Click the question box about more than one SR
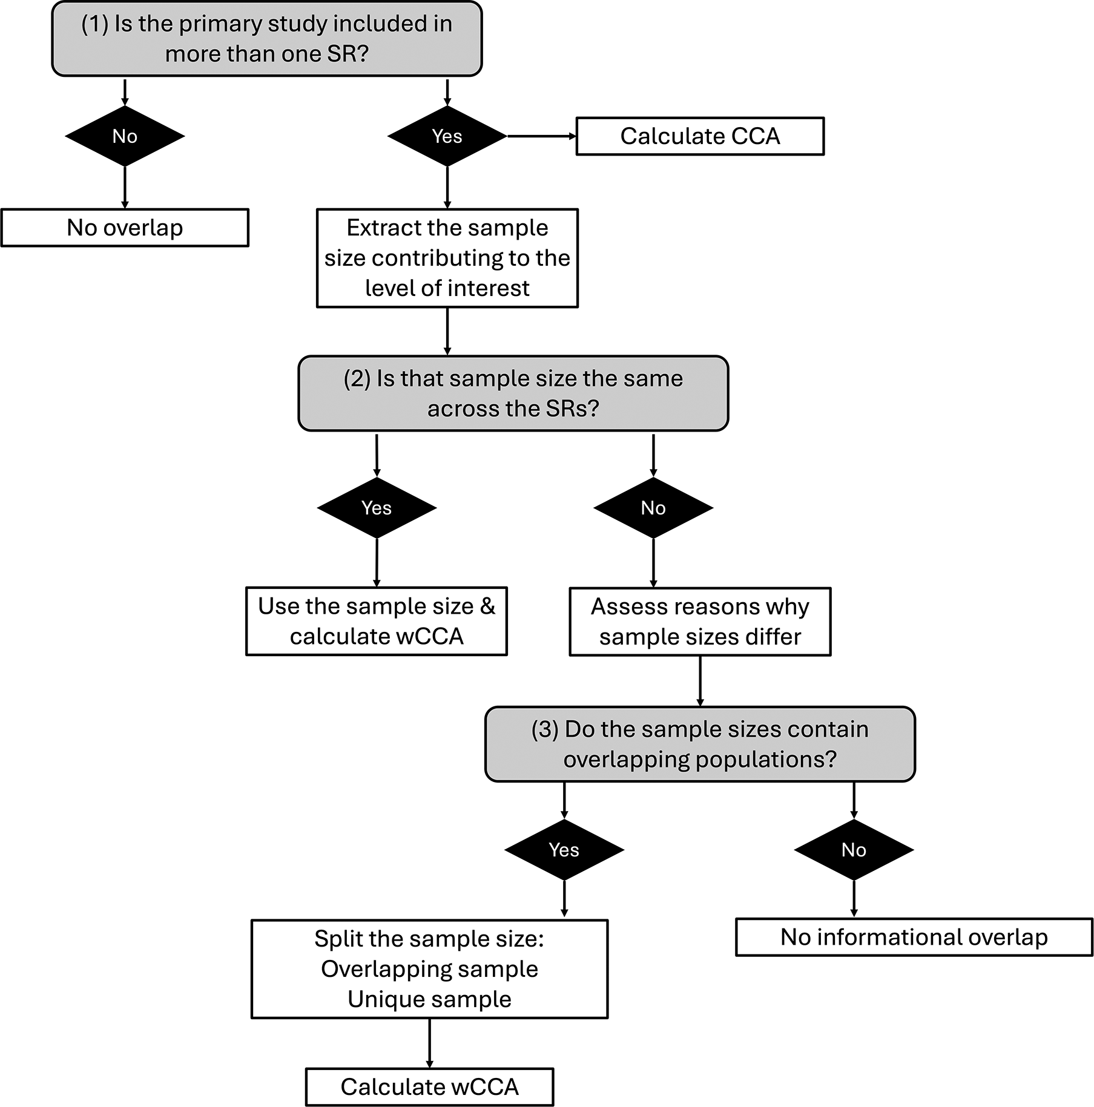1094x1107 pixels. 267,39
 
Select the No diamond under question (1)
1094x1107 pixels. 125,136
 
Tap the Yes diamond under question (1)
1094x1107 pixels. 447,136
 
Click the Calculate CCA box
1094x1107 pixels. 700,136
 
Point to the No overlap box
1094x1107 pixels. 125,228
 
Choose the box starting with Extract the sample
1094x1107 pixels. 447,258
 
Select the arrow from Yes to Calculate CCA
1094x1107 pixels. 541,136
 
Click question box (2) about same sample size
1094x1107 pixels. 513,393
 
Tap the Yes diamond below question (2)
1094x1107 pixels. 377,508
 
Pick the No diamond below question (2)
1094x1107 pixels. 653,508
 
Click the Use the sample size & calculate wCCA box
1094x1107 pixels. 377,621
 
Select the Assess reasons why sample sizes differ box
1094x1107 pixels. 700,622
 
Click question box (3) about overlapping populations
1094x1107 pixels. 700,744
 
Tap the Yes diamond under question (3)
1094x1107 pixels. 564,850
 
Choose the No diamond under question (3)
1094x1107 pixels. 854,850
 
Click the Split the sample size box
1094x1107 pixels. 429,969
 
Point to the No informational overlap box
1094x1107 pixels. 914,937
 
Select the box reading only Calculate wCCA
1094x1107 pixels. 429,1087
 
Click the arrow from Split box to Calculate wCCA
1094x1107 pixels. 429,1043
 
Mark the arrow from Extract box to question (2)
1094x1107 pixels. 447,332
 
